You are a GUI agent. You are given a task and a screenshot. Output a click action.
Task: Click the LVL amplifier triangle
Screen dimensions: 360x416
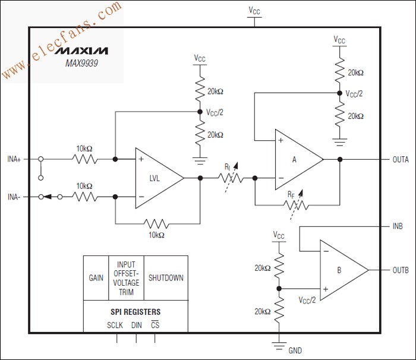point(156,178)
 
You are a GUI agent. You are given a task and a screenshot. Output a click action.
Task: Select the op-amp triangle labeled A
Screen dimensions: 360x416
point(295,159)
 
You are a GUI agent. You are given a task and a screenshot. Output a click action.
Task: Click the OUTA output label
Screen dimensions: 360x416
point(400,159)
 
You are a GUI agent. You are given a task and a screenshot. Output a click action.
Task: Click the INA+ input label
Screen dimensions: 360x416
point(15,159)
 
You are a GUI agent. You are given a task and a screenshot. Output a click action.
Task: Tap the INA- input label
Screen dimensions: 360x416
point(15,197)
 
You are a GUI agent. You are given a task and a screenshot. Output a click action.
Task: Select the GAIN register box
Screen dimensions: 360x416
point(95,278)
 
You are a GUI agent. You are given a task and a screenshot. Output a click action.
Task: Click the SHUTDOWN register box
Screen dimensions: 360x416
point(166,278)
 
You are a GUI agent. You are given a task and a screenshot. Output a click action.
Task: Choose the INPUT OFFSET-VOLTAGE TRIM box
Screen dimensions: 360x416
point(125,278)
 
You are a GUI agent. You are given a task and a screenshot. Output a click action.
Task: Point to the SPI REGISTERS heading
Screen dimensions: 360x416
point(135,312)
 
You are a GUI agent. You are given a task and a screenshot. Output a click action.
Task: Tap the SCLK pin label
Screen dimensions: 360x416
point(115,326)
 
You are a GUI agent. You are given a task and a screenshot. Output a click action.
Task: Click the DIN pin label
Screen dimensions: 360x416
point(136,326)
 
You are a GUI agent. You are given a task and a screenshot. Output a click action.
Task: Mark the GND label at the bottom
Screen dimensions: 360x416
point(295,350)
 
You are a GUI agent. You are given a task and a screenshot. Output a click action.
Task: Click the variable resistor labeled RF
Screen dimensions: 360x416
point(295,205)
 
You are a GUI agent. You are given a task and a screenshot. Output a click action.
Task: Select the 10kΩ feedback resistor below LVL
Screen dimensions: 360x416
point(156,225)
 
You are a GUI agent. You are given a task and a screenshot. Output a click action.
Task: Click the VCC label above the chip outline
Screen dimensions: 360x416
point(254,11)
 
